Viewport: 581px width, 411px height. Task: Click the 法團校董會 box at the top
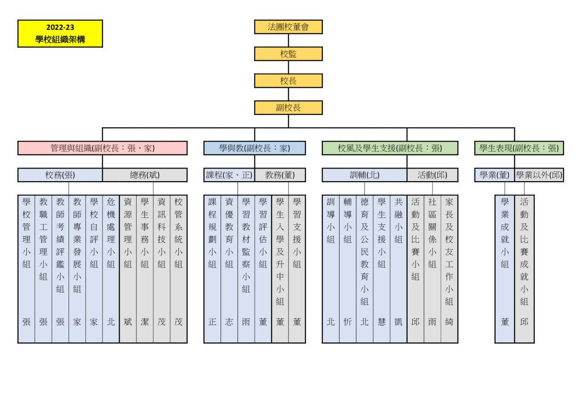point(288,27)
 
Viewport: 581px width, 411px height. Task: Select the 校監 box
point(288,54)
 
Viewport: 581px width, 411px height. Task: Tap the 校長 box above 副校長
point(288,81)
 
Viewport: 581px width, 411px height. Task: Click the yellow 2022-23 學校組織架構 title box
point(60,34)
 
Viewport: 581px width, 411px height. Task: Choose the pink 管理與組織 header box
point(103,148)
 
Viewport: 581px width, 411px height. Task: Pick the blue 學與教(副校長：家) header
point(254,148)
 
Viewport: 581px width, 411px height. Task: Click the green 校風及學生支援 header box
point(390,148)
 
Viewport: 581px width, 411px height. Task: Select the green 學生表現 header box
point(518,148)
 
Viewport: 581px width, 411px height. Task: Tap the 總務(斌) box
point(145,175)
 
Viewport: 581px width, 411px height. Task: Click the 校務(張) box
point(60,175)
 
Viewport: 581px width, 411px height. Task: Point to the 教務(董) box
point(280,175)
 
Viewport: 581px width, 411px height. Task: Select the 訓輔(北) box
point(364,175)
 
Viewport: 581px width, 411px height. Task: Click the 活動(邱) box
point(433,175)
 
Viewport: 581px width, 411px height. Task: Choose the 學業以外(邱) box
point(539,175)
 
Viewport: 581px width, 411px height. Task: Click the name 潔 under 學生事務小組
point(145,322)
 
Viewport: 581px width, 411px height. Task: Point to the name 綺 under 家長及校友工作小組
point(449,322)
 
